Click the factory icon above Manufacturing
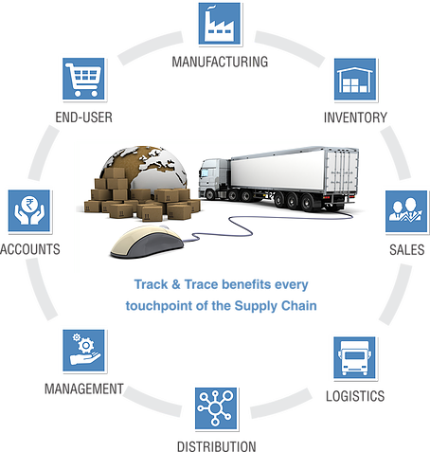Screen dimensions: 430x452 point(220,24)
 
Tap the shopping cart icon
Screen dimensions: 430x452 point(83,79)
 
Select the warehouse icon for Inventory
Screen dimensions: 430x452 point(355,80)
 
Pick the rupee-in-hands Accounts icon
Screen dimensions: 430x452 point(29,211)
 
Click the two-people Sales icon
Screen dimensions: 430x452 point(406,211)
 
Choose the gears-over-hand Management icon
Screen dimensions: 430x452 point(83,351)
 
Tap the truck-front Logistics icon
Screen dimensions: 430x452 point(355,357)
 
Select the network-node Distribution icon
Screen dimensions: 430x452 point(216,408)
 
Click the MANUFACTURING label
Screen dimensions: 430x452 point(220,62)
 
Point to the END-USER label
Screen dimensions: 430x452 point(84,118)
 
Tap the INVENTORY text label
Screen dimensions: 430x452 point(355,118)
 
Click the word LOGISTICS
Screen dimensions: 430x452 point(355,396)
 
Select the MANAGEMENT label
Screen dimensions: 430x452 point(84,389)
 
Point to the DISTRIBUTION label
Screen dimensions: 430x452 point(217,446)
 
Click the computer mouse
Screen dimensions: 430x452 point(147,242)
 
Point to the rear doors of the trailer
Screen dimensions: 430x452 point(342,172)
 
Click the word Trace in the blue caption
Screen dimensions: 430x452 point(201,284)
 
